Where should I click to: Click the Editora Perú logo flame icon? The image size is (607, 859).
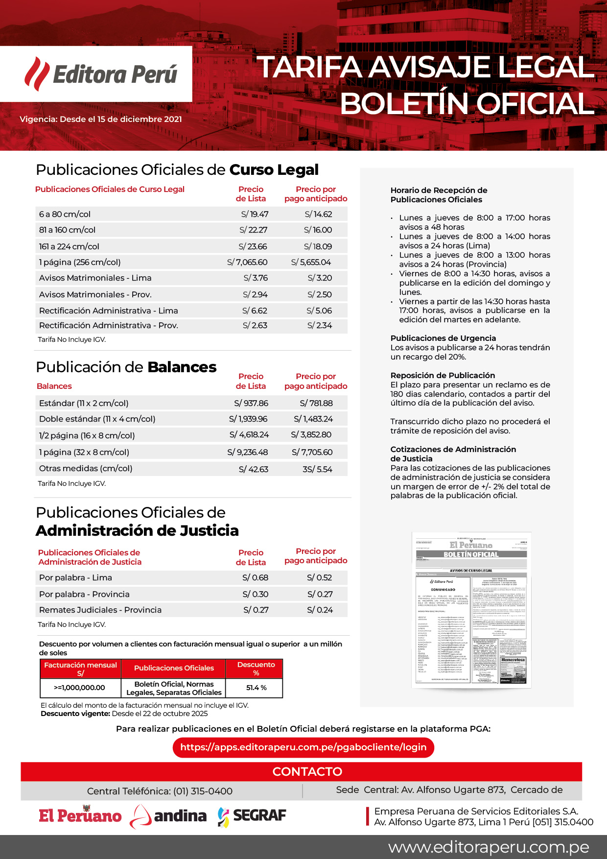coord(37,74)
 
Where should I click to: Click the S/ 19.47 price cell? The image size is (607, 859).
coord(255,214)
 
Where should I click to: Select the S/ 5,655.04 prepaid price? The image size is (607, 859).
coord(311,262)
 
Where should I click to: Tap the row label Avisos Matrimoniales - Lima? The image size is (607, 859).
coord(95,278)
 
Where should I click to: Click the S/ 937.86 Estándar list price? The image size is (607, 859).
coord(251,403)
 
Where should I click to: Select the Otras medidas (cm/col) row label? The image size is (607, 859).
coord(86,468)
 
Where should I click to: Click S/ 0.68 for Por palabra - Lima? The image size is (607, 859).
coord(256,577)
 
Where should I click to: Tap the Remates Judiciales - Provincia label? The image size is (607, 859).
coord(100,610)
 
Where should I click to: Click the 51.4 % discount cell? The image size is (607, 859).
coord(256,688)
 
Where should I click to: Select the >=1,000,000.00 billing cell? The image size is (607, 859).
coord(79,688)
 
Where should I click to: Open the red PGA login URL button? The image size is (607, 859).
coord(303,747)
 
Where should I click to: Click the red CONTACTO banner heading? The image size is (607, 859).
coord(307,771)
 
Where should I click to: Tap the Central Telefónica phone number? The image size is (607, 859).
coord(203,791)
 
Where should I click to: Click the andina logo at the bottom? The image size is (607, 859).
coord(169,815)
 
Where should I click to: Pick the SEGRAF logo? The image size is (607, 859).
coord(252,815)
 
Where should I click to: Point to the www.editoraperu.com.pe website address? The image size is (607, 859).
coord(489,847)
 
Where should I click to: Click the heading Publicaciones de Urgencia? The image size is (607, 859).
coord(443,338)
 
